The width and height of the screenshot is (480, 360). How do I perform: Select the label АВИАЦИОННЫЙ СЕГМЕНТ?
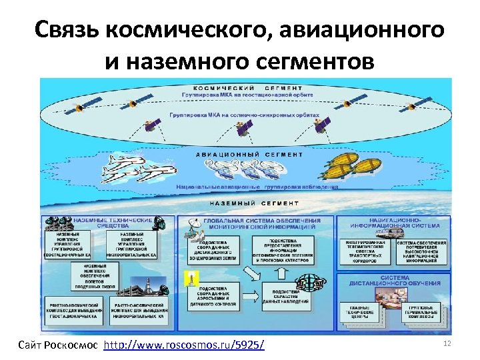coord(248,154)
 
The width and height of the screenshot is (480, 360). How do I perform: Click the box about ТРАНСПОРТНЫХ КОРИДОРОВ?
coord(365,249)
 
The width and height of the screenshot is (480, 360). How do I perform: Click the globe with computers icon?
coord(311,278)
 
